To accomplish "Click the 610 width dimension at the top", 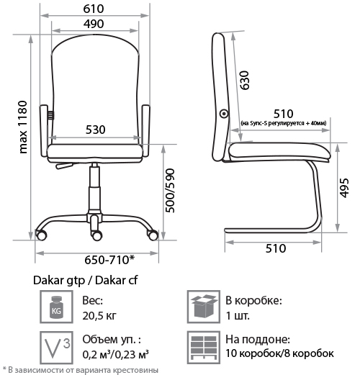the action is tap(94, 9).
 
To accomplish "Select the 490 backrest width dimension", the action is tap(94, 24).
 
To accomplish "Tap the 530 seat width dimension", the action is tap(96, 130).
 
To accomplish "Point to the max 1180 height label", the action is tap(23, 127).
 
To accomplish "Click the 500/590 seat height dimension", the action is tap(171, 191).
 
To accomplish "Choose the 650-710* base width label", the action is tap(109, 260).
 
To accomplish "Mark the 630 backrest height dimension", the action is tap(245, 81).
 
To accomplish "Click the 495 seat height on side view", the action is tap(344, 188).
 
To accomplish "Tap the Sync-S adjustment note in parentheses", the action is tap(284, 123).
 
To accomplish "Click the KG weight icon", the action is tap(56, 307).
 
